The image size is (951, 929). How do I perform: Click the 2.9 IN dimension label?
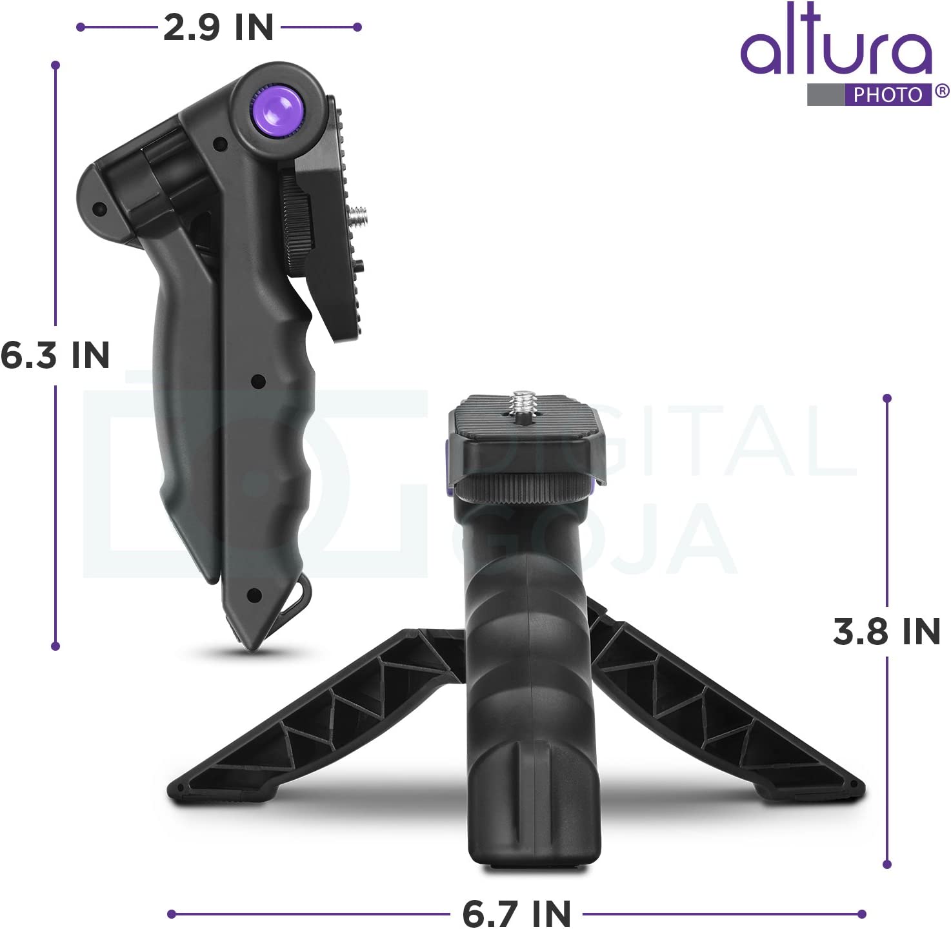point(218,28)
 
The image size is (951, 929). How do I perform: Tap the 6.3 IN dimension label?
point(55,356)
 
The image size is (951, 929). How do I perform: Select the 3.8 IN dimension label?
point(886,631)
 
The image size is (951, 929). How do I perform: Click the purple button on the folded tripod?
point(277,110)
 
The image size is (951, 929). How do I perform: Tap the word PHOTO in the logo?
point(887,95)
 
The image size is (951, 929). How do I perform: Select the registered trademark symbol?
point(942,91)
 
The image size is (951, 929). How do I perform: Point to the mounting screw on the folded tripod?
point(358,214)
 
